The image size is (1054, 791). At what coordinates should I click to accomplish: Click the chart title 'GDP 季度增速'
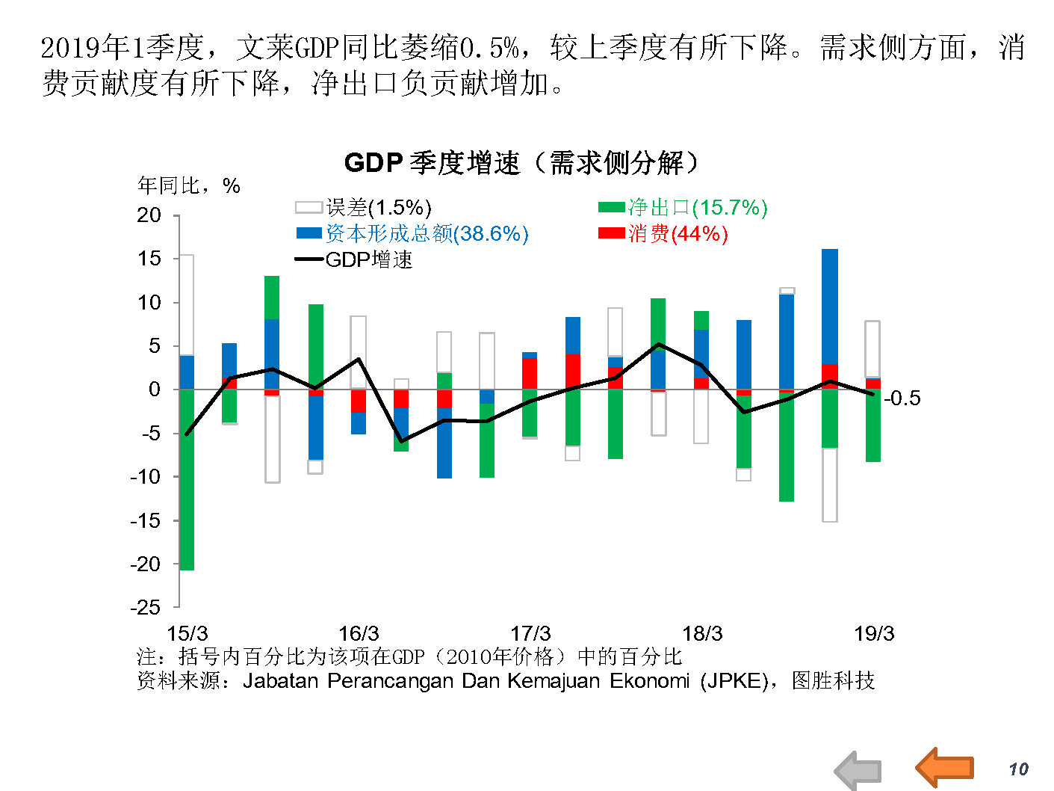point(521,162)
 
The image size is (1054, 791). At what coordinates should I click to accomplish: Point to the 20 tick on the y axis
point(149,215)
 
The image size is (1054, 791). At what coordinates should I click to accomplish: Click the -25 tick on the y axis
point(146,608)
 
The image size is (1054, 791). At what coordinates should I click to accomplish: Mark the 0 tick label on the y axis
point(155,390)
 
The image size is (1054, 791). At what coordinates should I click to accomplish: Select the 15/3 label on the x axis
point(187,634)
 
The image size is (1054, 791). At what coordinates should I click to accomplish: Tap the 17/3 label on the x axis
point(530,634)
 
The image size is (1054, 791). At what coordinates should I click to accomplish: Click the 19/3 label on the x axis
point(874,634)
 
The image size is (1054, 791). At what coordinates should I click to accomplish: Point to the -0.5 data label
point(902,398)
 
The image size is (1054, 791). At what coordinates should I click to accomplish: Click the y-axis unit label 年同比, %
point(189,186)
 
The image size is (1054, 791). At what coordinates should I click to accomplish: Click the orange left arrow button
point(944,767)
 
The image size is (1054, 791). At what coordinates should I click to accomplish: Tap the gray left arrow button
point(858,771)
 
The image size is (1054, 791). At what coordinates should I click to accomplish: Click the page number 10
point(1018,769)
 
